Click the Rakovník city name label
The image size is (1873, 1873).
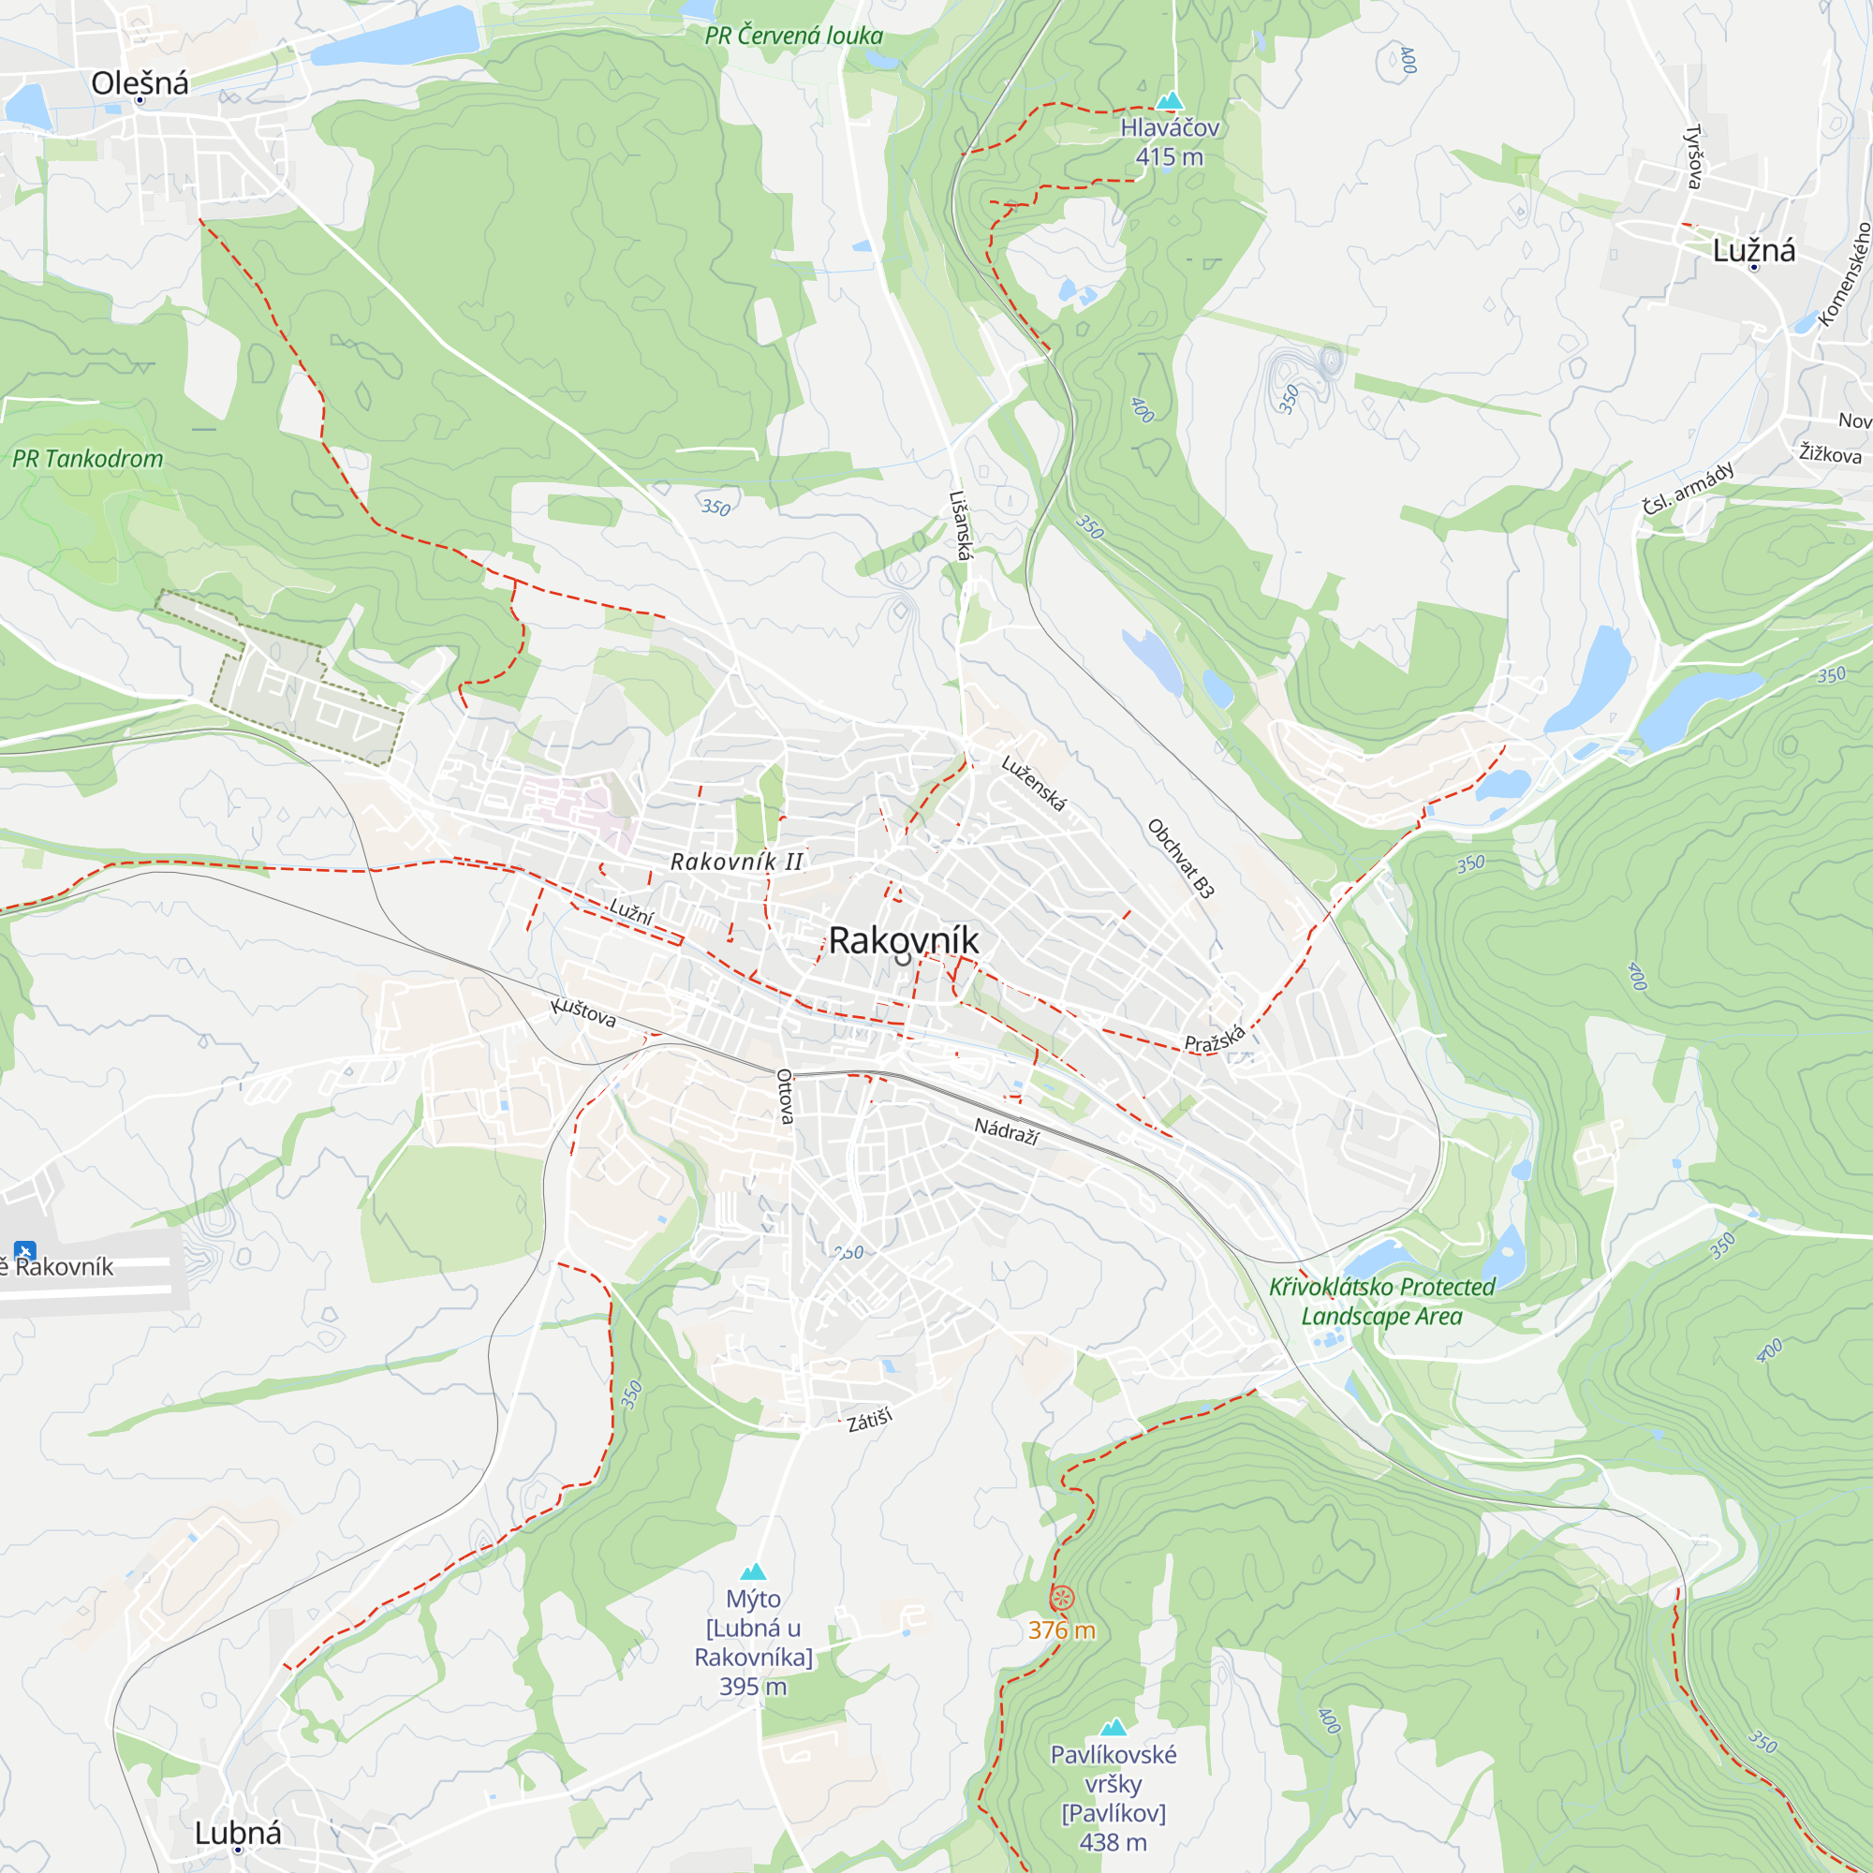tap(903, 940)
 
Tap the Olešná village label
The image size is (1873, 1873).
tap(140, 83)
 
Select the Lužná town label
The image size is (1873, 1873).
tap(1753, 251)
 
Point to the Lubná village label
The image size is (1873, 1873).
tap(238, 1833)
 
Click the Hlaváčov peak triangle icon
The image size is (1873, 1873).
tap(1170, 101)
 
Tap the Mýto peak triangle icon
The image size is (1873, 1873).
tap(753, 1571)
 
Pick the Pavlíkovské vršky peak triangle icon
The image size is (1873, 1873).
tap(1113, 1727)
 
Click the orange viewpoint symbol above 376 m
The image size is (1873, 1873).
tap(1062, 1598)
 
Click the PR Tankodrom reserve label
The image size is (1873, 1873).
tap(87, 459)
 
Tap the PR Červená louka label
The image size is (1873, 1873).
tap(793, 36)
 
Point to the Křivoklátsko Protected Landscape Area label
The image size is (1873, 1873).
tap(1381, 1301)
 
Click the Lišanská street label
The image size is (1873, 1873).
tap(960, 524)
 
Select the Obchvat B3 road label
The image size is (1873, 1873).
tap(1181, 859)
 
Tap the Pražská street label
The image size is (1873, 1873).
tap(1214, 1039)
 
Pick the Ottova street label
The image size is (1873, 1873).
tap(786, 1097)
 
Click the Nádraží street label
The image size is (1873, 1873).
tap(1007, 1130)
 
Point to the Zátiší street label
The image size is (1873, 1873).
tap(869, 1422)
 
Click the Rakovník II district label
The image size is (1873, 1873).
tap(737, 861)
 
